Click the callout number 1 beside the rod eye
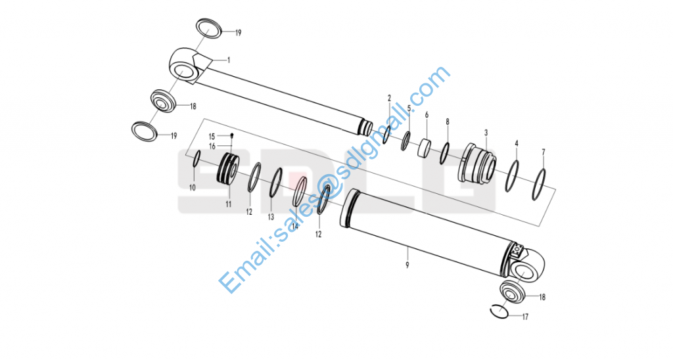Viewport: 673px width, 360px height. tap(228, 60)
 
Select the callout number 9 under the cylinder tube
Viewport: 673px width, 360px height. tap(407, 265)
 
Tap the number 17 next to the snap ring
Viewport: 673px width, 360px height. tap(524, 317)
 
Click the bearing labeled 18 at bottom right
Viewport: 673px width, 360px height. tap(513, 291)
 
